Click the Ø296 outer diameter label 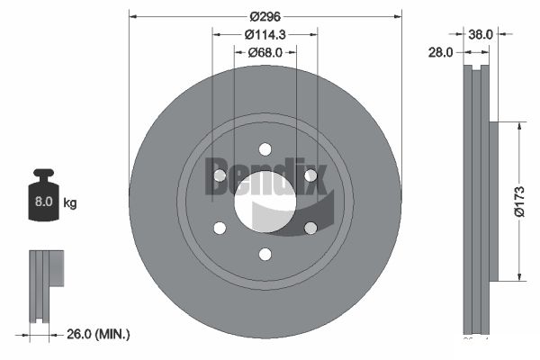pos(265,16)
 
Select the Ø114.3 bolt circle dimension pos(265,34)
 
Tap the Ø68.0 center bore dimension pos(265,52)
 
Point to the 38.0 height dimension pos(481,34)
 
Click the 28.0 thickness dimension pos(440,53)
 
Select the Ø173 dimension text pos(518,200)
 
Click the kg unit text pos(70,203)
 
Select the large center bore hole pos(265,202)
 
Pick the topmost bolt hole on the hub pos(265,149)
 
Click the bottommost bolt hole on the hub pos(265,255)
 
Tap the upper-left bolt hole pos(220,175)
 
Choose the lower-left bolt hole pos(220,228)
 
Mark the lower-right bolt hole pos(310,228)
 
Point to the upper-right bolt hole pos(310,175)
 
